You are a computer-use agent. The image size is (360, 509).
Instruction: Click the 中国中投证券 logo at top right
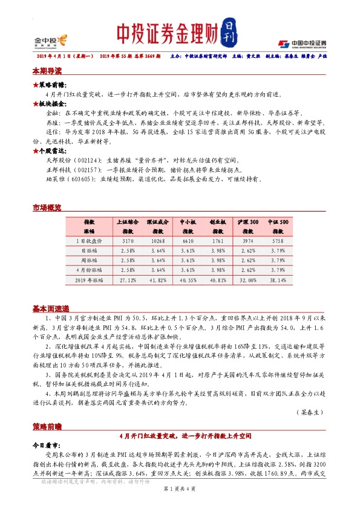[x=303, y=43]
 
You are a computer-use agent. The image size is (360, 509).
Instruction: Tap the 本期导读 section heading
[x=47, y=70]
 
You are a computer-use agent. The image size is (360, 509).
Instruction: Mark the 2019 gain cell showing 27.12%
[x=128, y=280]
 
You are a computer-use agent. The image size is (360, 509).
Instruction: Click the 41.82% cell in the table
[x=157, y=280]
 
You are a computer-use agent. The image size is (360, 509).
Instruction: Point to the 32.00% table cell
[x=247, y=280]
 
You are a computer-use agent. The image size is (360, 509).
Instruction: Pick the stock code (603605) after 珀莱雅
[x=83, y=179]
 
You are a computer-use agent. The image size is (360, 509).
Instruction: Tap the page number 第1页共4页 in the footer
[x=180, y=495]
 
